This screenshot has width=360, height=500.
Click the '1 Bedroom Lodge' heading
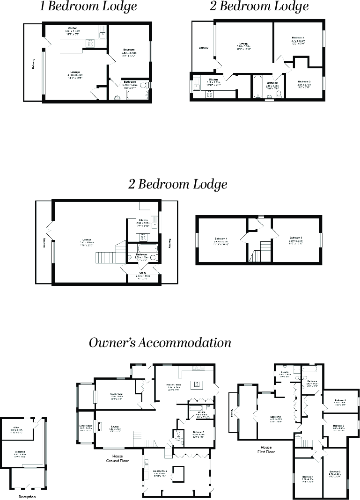[88, 7]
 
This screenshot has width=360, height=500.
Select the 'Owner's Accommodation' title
[160, 343]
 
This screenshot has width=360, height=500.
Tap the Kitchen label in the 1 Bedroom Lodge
[73, 29]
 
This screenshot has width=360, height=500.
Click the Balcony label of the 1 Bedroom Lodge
[33, 63]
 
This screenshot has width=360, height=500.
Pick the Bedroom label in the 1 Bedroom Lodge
[129, 50]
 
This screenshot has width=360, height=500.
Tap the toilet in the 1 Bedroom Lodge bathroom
[118, 97]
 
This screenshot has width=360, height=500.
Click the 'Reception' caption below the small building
[27, 497]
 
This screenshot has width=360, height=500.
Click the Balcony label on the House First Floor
[231, 413]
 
